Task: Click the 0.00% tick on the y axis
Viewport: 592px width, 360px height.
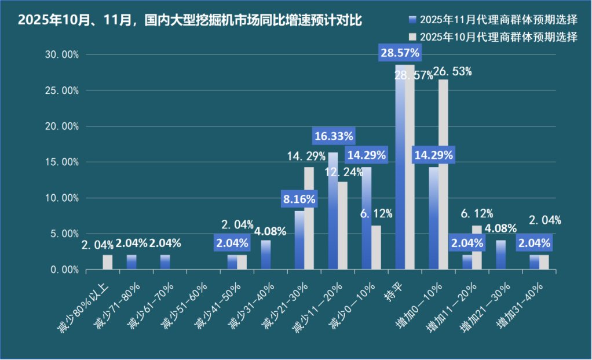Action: tap(64, 270)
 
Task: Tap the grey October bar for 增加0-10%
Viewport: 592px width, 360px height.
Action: tap(443, 174)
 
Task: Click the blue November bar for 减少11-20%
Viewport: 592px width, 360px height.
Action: tap(332, 211)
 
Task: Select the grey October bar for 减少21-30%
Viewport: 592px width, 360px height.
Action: tap(309, 218)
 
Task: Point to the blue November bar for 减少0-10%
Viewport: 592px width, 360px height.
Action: tap(367, 218)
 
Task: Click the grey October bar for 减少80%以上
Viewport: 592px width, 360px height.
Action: tap(107, 263)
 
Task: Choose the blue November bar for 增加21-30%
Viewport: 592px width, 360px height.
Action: tap(501, 255)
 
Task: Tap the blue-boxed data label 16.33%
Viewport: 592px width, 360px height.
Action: tap(334, 136)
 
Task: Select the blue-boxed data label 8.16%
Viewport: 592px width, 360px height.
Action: tap(299, 199)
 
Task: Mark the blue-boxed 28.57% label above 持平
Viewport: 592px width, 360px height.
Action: tap(400, 53)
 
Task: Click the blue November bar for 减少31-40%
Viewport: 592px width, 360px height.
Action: tap(266, 255)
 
